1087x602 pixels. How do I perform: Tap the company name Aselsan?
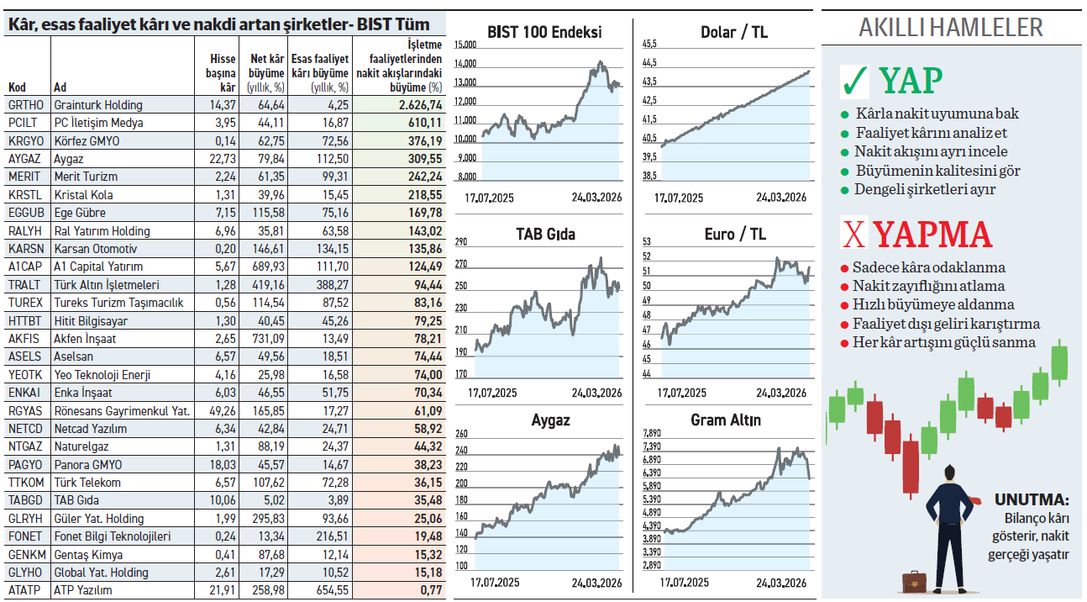point(73,356)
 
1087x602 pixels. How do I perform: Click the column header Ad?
point(60,87)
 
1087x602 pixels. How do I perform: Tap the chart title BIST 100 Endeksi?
point(544,33)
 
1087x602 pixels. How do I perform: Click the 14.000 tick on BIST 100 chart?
point(465,64)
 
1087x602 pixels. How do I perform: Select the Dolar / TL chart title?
point(733,33)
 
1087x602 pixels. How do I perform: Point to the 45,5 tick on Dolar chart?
point(649,44)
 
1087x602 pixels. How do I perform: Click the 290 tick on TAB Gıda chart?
point(460,242)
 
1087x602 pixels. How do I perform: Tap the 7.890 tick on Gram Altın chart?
point(652,433)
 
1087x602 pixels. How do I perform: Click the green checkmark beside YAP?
point(854,82)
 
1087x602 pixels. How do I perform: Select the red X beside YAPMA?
point(853,236)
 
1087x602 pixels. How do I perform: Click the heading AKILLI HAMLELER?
point(950,28)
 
